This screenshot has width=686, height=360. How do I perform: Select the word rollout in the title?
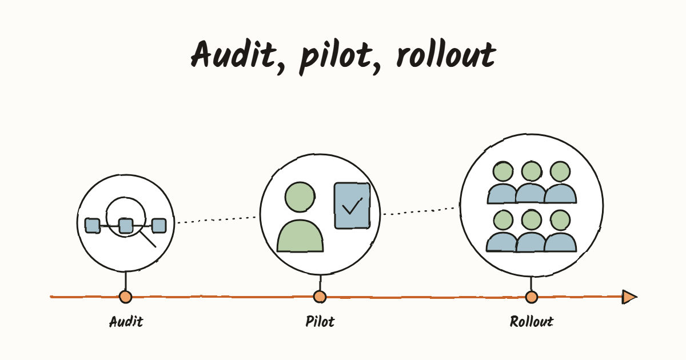coord(446,54)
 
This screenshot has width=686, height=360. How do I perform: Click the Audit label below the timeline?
coord(126,322)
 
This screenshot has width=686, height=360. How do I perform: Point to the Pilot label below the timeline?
coord(320,322)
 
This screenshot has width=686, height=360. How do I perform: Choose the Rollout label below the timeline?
coord(531,322)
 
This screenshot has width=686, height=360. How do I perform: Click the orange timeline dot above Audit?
coord(125,297)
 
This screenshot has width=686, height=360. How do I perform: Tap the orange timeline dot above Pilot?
coord(320,297)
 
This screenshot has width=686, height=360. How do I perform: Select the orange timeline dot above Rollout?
coord(531,297)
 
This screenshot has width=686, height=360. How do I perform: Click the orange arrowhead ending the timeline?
coord(629,297)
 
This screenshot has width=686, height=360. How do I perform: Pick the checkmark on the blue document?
coord(352,206)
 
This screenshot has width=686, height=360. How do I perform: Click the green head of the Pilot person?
coord(300,197)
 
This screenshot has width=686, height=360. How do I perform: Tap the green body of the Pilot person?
coord(300,236)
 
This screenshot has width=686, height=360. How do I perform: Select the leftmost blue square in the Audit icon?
coord(93,226)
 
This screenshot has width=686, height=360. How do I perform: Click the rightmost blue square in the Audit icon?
coord(159,226)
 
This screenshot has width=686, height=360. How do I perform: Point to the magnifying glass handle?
coord(148,239)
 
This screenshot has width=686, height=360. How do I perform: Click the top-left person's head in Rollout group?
coord(503,171)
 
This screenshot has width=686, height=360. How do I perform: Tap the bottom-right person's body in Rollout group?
coord(560,242)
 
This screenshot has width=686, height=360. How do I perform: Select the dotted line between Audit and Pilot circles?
coord(217,220)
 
